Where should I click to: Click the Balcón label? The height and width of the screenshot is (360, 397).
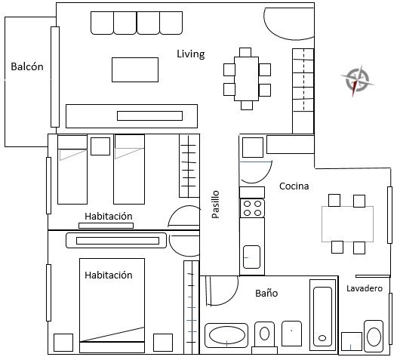(27, 66)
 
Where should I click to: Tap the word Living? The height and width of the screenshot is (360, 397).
(191, 54)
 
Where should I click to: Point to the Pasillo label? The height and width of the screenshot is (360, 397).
(215, 205)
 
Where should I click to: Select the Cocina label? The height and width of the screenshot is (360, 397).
(294, 186)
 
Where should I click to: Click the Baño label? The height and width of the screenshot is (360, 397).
(266, 293)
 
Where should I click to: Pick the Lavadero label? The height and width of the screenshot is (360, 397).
(365, 288)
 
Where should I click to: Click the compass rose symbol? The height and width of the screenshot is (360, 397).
(357, 80)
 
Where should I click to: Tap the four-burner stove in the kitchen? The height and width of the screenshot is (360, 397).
(252, 208)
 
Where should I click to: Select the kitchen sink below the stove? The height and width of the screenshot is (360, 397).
(251, 257)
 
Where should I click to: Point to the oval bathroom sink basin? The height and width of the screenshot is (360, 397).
(226, 335)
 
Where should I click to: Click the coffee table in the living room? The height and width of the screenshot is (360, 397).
(135, 70)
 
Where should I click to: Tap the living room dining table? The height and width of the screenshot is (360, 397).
(247, 78)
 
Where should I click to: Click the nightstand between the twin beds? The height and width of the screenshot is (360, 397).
(100, 146)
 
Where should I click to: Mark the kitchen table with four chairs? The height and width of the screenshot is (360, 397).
(348, 224)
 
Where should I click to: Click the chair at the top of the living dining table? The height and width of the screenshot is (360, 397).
(245, 52)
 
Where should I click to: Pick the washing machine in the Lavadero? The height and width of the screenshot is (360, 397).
(374, 336)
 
